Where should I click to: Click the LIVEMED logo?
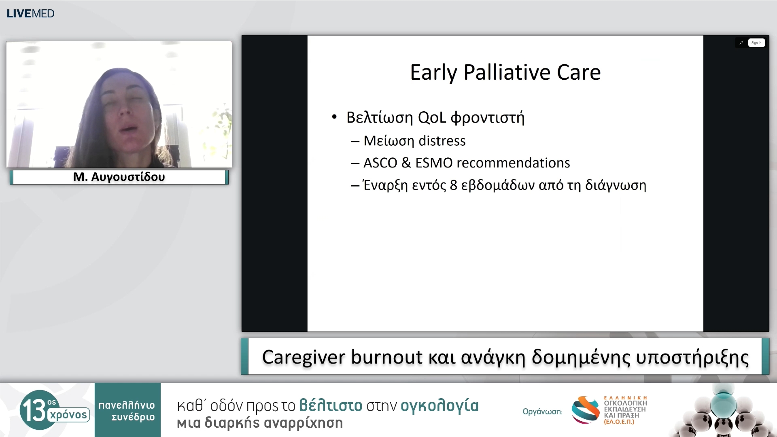click(x=30, y=13)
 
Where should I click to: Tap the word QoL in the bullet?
click(x=432, y=118)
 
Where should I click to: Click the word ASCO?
click(x=380, y=163)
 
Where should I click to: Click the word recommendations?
click(x=513, y=163)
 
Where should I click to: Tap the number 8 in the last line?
click(x=453, y=185)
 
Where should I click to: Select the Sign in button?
click(x=756, y=43)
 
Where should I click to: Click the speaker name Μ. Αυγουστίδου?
click(x=119, y=177)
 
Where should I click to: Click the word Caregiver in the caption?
click(x=304, y=357)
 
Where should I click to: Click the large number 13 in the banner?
click(x=34, y=410)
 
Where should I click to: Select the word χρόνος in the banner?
click(x=68, y=415)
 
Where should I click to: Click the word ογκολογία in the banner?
click(x=439, y=405)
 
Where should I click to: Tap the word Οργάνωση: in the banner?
click(x=542, y=412)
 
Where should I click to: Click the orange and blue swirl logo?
click(x=585, y=409)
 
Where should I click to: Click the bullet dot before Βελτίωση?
click(x=334, y=117)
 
